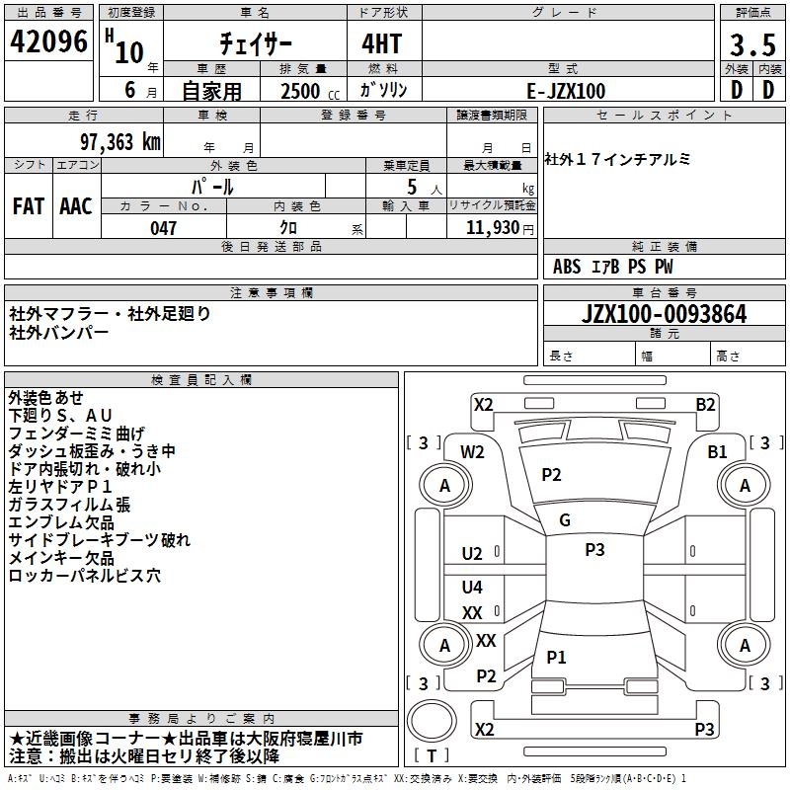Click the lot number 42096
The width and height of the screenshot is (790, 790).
point(49,42)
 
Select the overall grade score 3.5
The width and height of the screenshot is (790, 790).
point(751,46)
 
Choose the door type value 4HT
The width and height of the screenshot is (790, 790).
point(384,44)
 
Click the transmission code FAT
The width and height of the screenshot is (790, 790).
point(28,206)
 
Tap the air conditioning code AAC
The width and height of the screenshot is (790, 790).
point(76,206)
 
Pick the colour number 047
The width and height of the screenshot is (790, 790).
point(163,228)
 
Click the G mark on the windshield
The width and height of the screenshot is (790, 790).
point(565,520)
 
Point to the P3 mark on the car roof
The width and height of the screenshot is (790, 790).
point(594,550)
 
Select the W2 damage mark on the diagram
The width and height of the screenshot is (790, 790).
point(472,452)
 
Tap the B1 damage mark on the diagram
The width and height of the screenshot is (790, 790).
point(717,451)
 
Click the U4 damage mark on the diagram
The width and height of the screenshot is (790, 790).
point(472,588)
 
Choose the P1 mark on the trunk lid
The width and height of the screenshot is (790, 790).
point(557,657)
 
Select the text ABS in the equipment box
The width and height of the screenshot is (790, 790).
point(567,267)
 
